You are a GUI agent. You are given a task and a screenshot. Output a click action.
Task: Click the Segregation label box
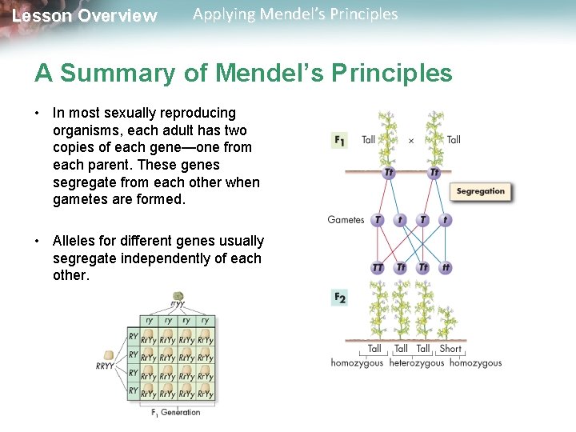coord(480,191)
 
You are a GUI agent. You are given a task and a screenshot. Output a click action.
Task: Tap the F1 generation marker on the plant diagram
coord(339,140)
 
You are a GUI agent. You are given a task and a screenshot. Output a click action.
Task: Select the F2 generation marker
coord(339,298)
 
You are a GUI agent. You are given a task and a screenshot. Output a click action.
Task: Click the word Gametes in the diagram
coord(346,220)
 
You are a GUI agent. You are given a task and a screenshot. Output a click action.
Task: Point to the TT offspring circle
coord(378,268)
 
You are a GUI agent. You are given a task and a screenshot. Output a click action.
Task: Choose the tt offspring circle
coord(446,268)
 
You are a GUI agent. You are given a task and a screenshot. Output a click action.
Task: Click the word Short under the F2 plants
coord(450,349)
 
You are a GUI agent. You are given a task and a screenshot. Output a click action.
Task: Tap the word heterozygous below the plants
coord(416,363)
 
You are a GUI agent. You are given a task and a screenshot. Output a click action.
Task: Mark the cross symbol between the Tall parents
coord(411,140)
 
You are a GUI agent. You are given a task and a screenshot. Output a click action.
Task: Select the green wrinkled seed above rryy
coord(178,296)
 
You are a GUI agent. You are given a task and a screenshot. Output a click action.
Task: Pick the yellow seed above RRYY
coord(108,355)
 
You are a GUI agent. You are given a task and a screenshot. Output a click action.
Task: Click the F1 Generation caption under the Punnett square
coord(176,413)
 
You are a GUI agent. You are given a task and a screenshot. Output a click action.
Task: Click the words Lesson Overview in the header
coord(85,16)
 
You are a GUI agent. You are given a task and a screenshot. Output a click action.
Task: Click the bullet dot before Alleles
coord(38,241)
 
